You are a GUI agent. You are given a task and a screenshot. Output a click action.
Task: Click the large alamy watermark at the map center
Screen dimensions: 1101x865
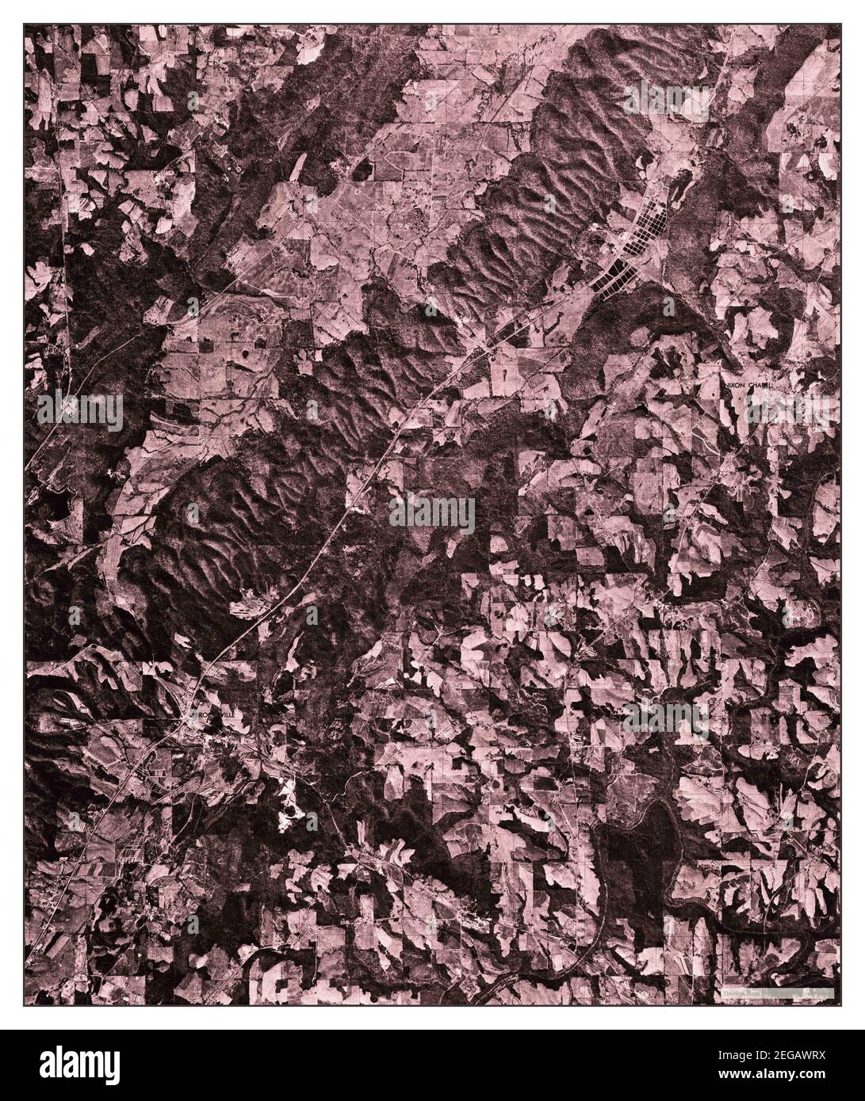[x=432, y=516]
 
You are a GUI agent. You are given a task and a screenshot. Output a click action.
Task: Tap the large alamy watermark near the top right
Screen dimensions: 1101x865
[x=666, y=101]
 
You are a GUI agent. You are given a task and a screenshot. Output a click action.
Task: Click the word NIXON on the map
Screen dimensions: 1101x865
[x=736, y=383]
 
